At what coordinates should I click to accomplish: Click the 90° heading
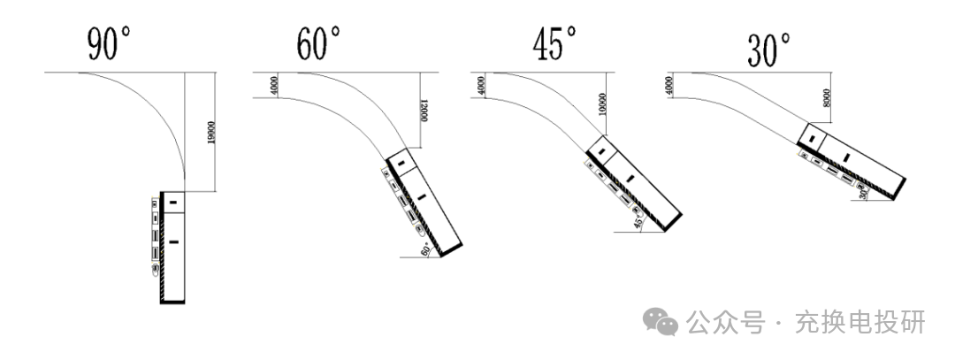click(109, 44)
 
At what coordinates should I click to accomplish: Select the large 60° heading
click(317, 44)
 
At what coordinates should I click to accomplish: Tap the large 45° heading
click(554, 43)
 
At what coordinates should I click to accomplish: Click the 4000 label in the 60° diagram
click(275, 84)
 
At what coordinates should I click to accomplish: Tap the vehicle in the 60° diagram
click(424, 201)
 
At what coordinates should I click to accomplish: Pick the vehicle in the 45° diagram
click(632, 181)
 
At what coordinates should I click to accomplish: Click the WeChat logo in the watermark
click(661, 324)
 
